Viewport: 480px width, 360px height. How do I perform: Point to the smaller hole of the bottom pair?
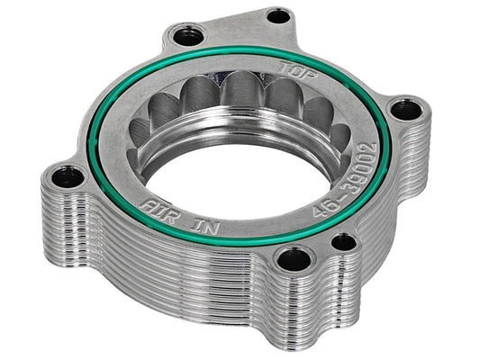[343, 241]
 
